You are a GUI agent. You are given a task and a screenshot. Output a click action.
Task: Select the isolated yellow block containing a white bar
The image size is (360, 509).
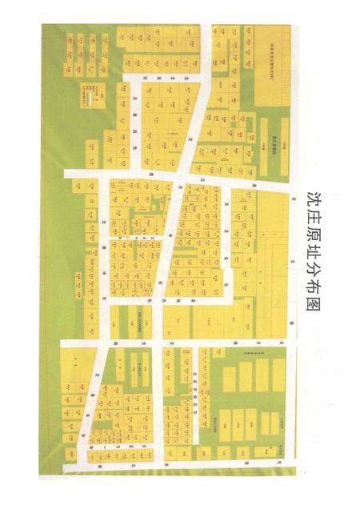[94, 95]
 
